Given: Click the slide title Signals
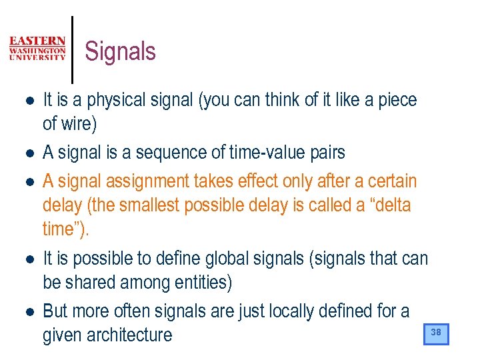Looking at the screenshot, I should coord(121,51).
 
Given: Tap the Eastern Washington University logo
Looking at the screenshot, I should coord(37,49).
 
